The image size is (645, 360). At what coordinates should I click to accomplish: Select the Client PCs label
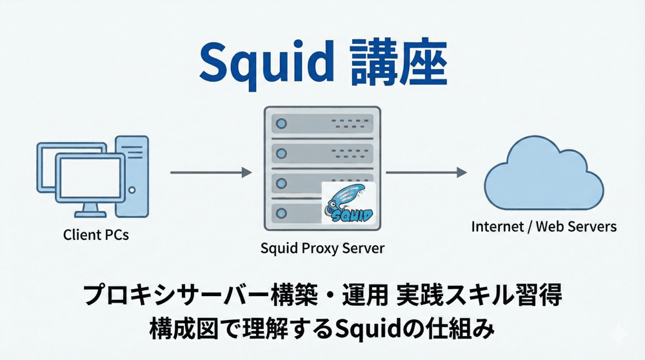click(x=96, y=235)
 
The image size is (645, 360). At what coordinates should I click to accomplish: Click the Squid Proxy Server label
click(x=322, y=248)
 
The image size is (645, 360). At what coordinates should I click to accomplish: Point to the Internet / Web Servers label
click(x=544, y=227)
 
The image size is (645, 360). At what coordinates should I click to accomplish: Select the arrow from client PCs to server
click(x=210, y=172)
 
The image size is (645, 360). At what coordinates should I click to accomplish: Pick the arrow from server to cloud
click(x=426, y=172)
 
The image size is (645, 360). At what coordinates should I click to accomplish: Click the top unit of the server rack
click(x=319, y=123)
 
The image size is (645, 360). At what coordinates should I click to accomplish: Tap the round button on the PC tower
click(x=133, y=190)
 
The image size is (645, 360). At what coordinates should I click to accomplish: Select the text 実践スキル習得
click(x=479, y=295)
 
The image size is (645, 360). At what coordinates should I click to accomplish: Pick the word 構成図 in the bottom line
click(x=177, y=329)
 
